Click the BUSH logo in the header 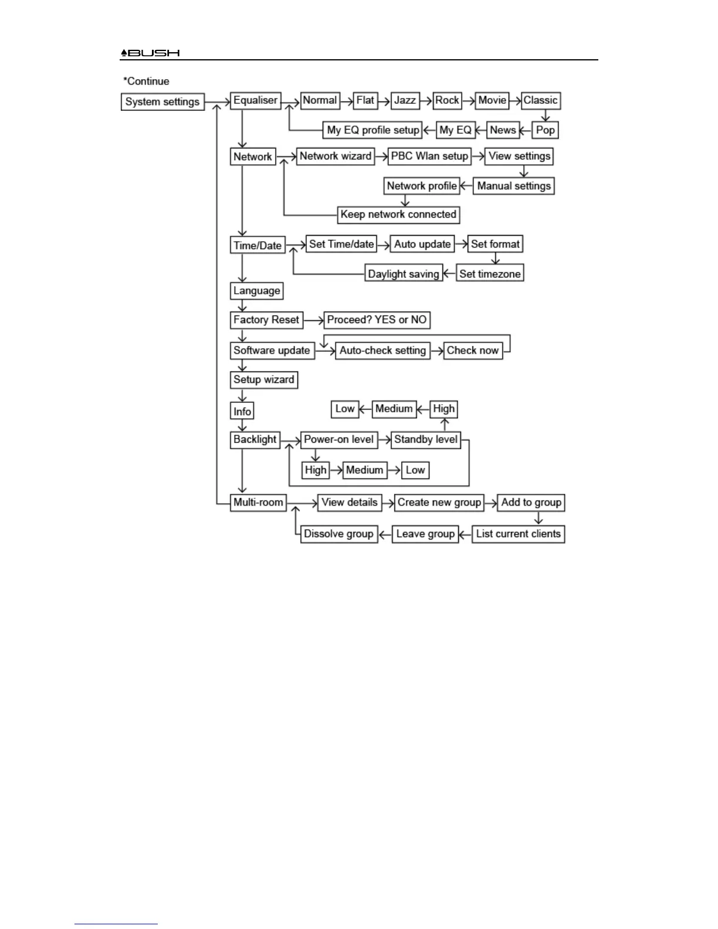tap(151, 53)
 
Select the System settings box tap(162, 101)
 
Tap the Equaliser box tap(256, 100)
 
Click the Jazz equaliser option tap(405, 100)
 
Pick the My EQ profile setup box tap(372, 130)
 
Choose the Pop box tap(545, 130)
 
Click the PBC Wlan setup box tap(429, 156)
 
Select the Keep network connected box tap(398, 215)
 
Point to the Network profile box tap(422, 186)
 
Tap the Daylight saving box tap(404, 274)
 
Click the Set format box tap(495, 244)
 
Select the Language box tap(257, 291)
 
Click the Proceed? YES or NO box tap(377, 320)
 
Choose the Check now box tap(473, 351)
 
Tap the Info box tap(242, 411)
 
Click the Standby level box tap(426, 439)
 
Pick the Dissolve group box tap(338, 534)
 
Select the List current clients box tap(519, 534)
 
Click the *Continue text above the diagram tap(146, 82)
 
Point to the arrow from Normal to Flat tap(347, 100)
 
